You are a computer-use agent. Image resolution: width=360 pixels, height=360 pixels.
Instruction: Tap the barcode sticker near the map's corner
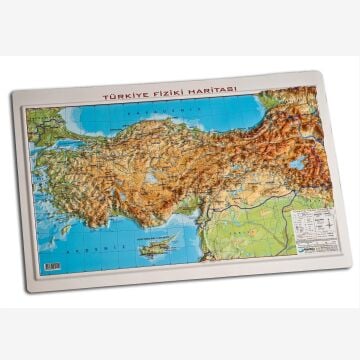(x=50, y=266)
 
